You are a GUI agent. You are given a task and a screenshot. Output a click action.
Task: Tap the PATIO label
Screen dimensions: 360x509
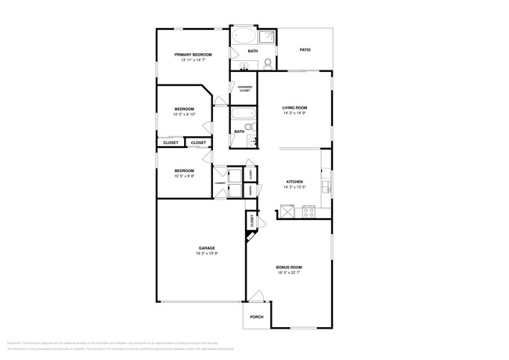(305, 50)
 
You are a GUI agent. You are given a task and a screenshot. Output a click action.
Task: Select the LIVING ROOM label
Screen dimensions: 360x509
(294, 107)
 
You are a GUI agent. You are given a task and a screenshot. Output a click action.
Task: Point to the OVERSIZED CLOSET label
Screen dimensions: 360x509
(244, 89)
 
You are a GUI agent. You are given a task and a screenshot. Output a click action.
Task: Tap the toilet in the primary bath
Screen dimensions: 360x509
(268, 63)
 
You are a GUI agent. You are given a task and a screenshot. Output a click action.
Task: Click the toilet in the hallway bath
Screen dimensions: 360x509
(249, 127)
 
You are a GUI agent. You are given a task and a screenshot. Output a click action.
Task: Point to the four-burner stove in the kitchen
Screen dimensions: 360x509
(308, 210)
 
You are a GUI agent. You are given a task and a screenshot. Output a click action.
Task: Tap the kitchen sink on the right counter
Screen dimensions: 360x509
(327, 187)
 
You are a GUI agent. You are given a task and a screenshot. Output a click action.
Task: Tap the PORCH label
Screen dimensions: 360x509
(256, 317)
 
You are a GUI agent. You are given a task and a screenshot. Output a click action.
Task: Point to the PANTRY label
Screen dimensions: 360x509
(250, 189)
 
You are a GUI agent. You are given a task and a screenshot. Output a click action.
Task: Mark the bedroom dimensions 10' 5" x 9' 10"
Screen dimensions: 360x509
(184, 114)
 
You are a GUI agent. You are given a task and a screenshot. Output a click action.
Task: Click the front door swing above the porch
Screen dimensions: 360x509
(256, 297)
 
